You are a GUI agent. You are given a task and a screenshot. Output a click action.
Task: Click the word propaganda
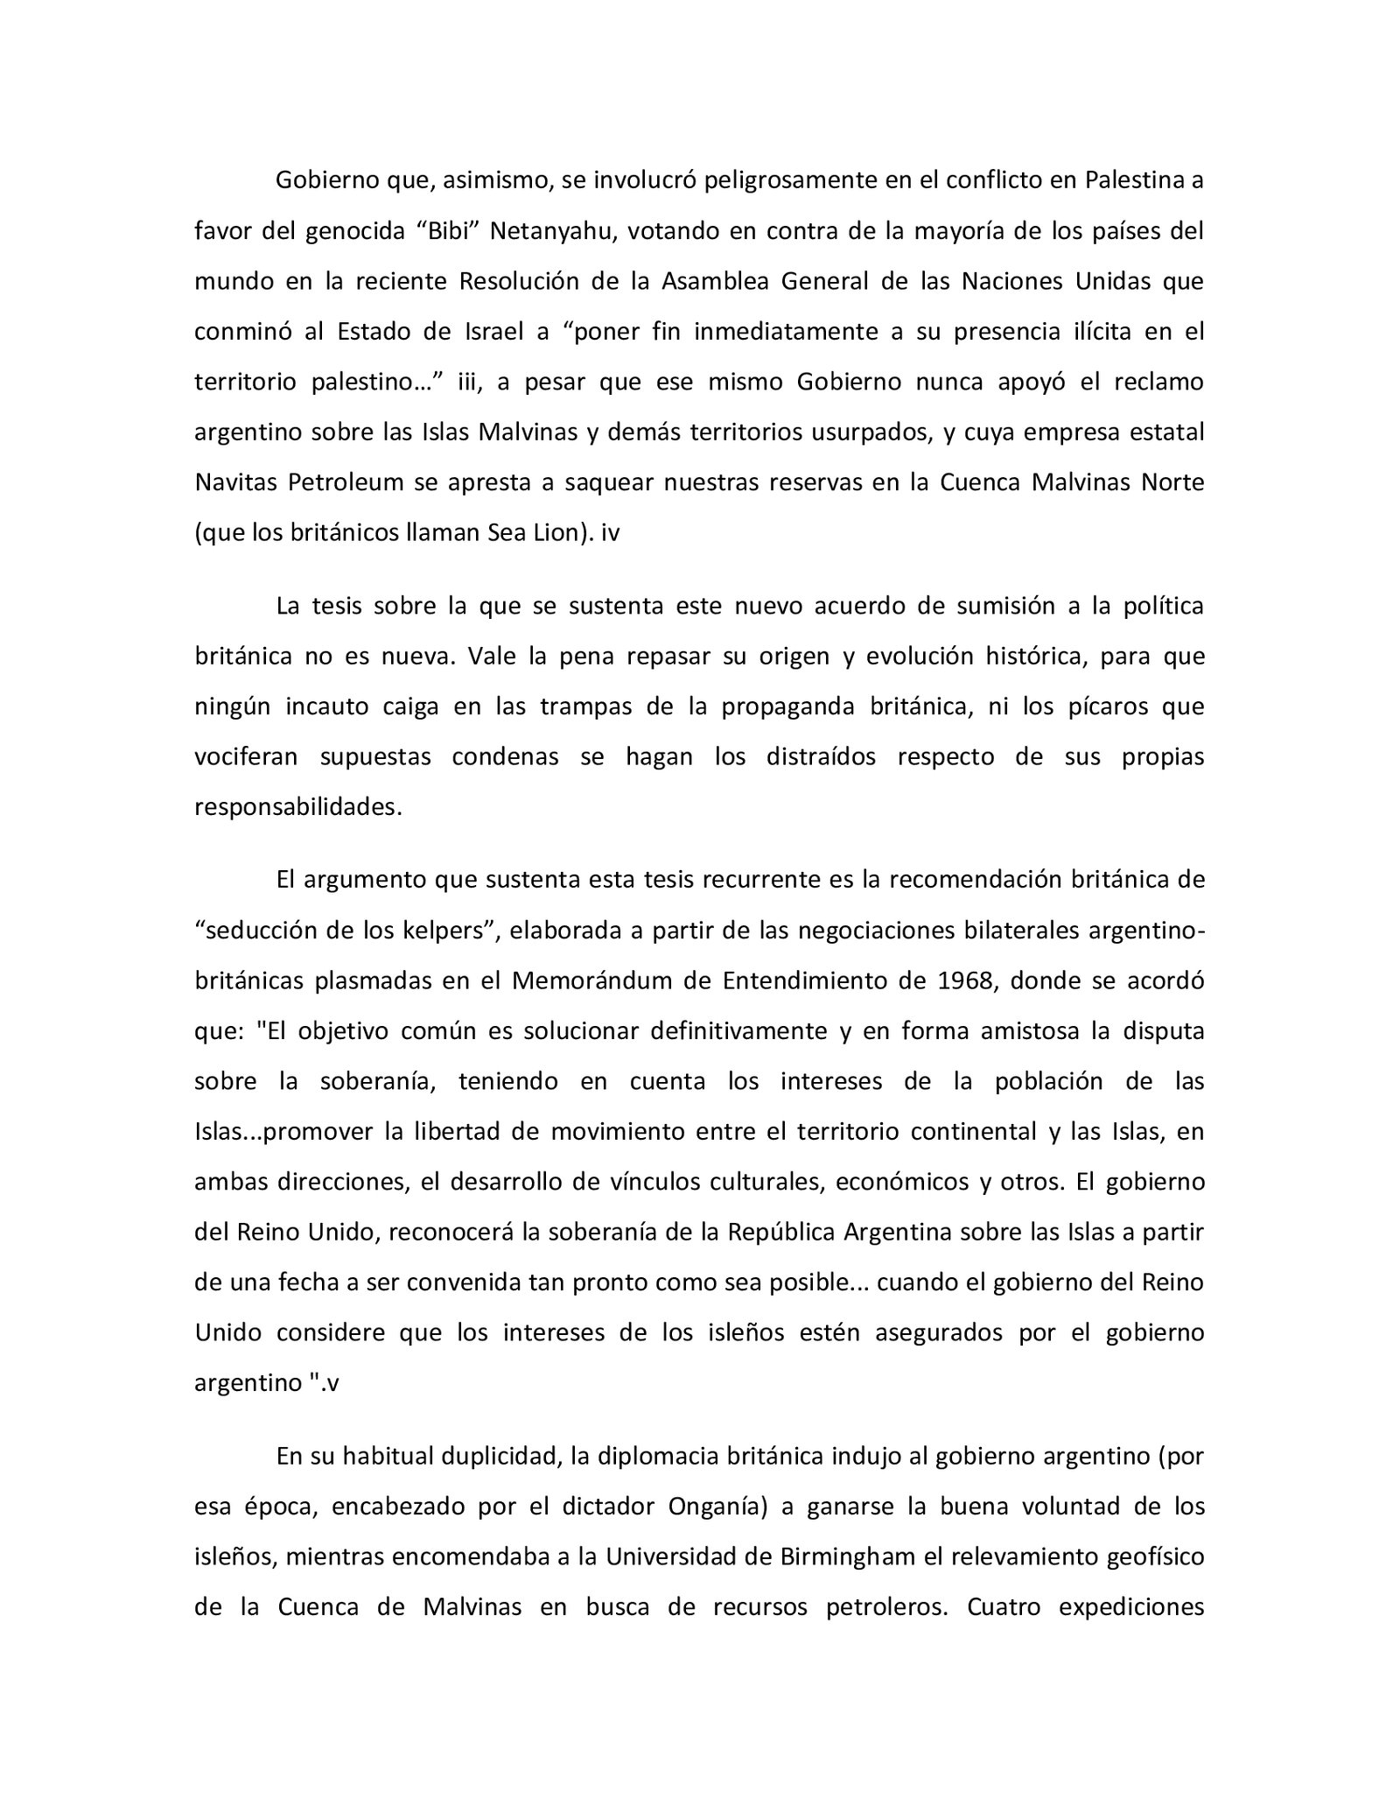tap(785, 706)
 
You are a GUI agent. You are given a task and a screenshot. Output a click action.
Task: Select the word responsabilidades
tap(297, 807)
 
